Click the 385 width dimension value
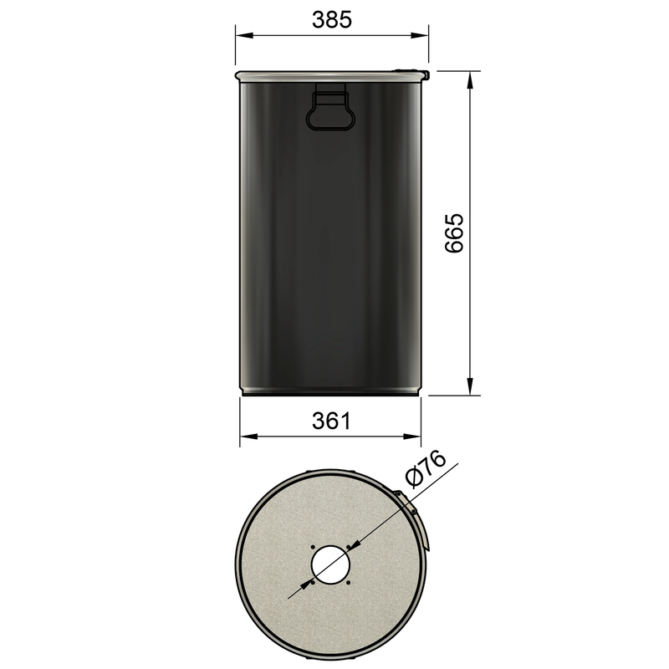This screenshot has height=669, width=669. pos(332,19)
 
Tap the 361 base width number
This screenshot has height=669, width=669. pos(331,421)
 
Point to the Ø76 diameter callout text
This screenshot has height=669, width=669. pos(425,472)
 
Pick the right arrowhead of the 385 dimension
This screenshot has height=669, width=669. pos(422,35)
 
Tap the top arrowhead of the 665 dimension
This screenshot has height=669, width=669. pos(471,80)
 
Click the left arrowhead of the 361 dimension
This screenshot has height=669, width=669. pos(247,436)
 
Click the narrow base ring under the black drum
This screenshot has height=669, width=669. pos(331,391)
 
